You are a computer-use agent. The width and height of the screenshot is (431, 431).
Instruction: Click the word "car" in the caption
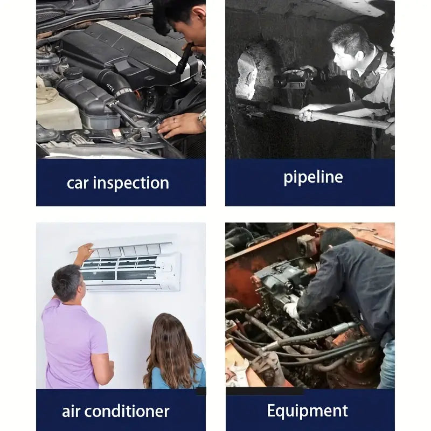tap(78, 184)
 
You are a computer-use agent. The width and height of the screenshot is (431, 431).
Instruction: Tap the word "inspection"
tap(131, 183)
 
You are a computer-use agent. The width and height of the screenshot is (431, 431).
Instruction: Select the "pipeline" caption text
tap(313, 178)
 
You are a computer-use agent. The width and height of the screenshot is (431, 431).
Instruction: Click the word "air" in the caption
tap(71, 411)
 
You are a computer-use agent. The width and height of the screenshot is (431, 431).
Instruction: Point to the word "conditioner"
tap(127, 411)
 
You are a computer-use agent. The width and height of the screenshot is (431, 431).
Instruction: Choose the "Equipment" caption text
tap(307, 412)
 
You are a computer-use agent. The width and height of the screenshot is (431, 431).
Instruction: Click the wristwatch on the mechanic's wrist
tap(202, 116)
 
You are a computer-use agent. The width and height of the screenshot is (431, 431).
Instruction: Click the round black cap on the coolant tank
tap(73, 73)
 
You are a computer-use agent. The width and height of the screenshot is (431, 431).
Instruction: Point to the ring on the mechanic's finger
tap(174, 120)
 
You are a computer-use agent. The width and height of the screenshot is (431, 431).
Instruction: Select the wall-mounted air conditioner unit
tap(126, 267)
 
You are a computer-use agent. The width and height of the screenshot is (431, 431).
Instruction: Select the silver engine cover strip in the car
tap(139, 39)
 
